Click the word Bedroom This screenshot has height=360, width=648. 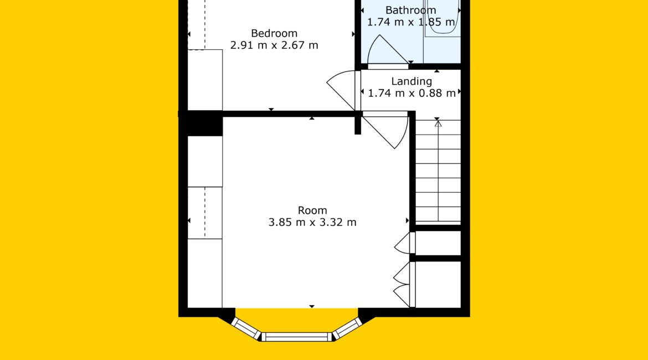tap(274, 33)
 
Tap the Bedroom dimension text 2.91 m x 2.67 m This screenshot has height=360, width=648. tap(274, 45)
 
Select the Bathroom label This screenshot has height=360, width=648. tap(411, 10)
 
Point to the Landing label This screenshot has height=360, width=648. tap(412, 82)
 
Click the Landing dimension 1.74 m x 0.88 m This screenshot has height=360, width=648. tap(412, 94)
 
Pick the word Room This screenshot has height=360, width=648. tap(312, 210)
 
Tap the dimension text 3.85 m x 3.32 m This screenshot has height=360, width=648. tap(312, 222)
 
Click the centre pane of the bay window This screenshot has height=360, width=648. tap(297, 337)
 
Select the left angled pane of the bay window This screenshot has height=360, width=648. tap(245, 328)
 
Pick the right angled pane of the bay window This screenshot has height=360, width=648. tap(348, 328)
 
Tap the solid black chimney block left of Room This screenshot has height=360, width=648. tap(201, 123)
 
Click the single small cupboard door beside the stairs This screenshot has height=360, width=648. tap(403, 244)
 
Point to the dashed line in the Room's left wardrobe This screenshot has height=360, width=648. tap(205, 213)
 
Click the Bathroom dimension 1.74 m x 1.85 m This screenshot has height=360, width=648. tap(411, 22)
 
